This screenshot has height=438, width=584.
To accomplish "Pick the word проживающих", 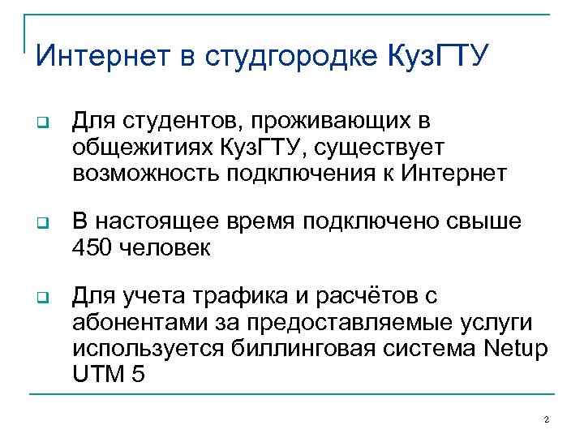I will click(333, 122).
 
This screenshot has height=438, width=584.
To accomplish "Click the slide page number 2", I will click(546, 419).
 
